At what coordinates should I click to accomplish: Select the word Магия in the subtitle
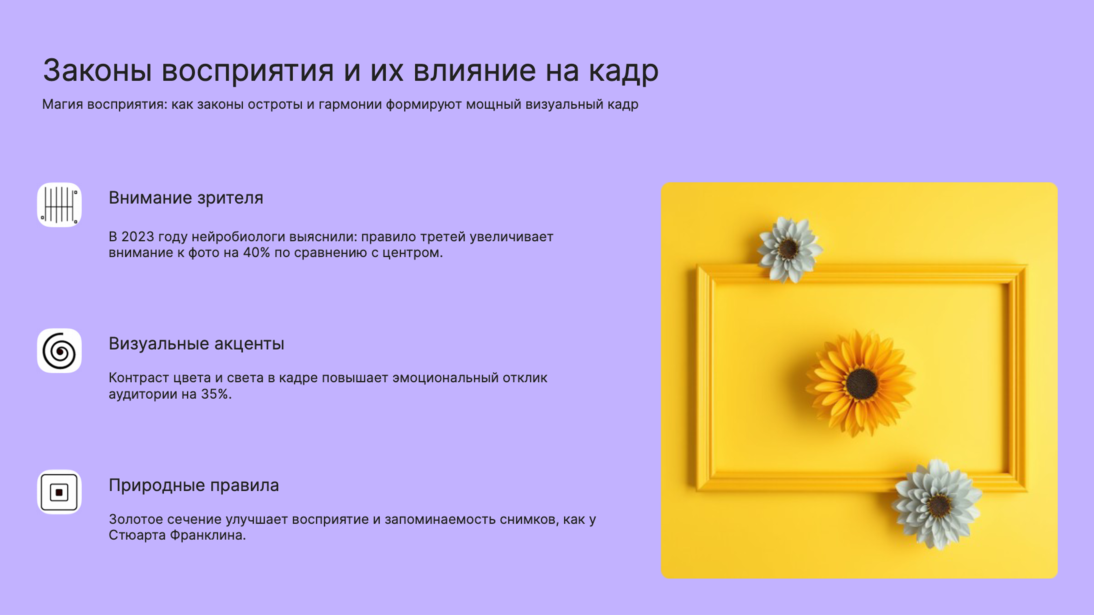62,104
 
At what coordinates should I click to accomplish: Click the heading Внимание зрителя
186,198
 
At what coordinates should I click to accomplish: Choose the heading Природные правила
194,485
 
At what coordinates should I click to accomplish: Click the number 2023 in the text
137,237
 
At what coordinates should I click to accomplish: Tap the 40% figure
256,253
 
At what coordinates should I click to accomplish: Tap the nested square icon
59,492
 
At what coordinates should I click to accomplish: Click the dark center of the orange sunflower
861,384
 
